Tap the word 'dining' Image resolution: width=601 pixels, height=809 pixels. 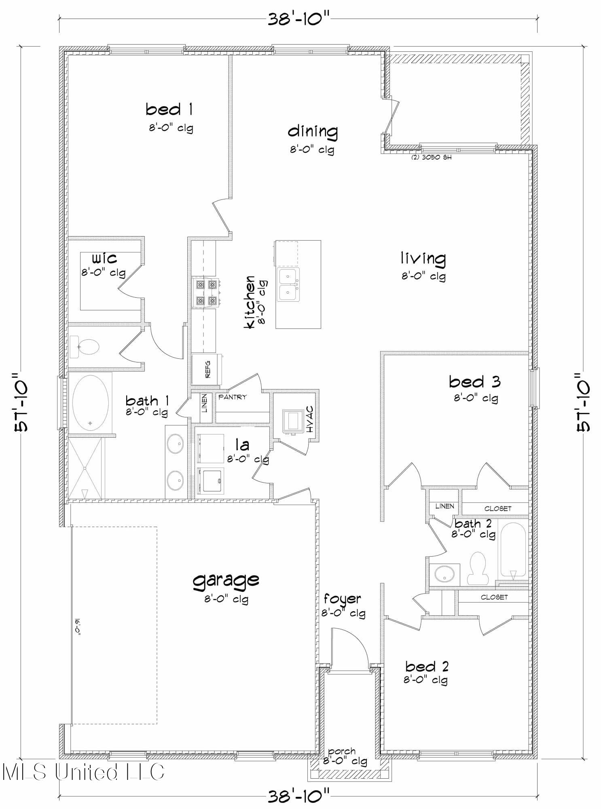313,131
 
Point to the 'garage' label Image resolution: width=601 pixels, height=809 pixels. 226,580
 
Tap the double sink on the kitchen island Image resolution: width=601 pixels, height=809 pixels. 288,284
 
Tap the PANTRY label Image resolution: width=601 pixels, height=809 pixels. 232,397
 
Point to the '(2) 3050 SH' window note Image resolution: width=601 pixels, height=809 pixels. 431,157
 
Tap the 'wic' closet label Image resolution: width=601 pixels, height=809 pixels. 104,258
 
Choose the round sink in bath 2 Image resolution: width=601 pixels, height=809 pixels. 444,573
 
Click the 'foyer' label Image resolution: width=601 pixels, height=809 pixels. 342,598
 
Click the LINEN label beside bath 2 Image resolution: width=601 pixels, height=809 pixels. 444,506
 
